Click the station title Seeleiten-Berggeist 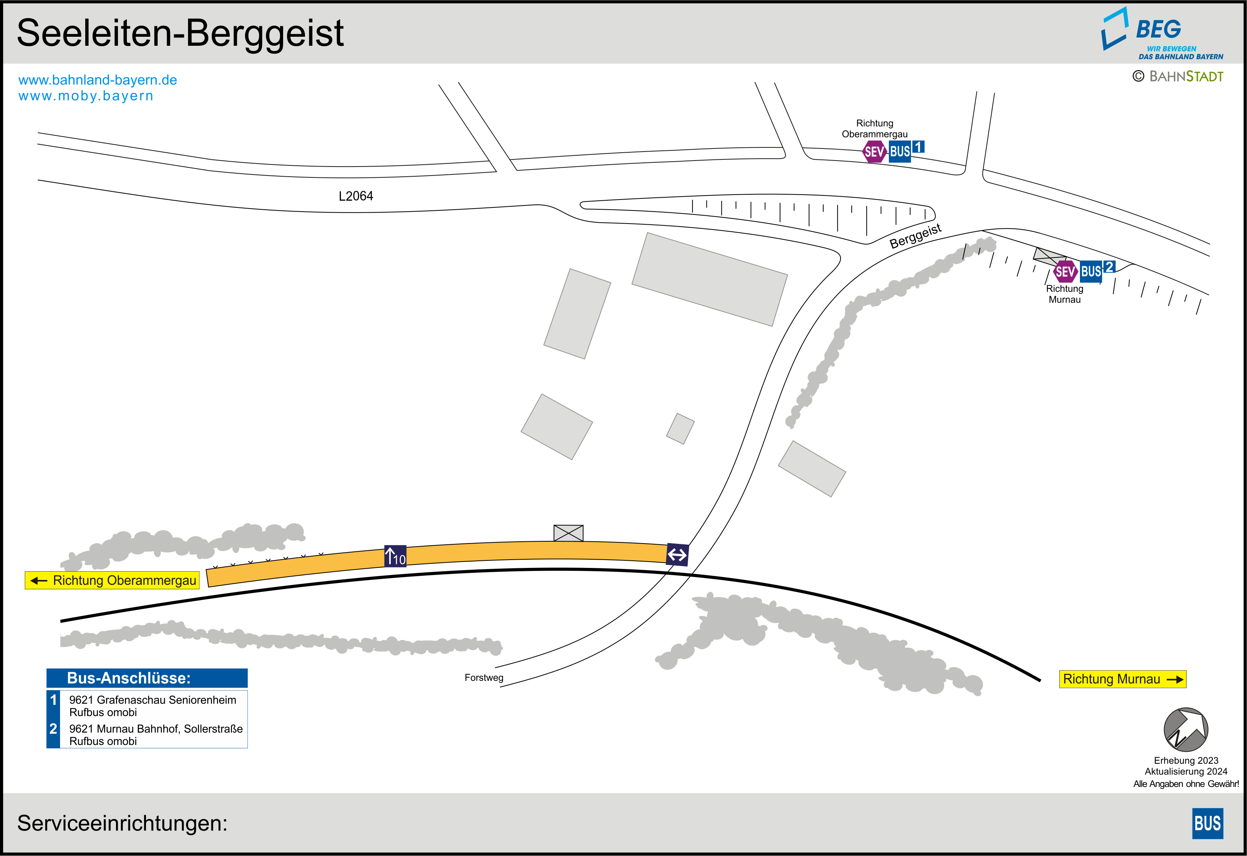(x=180, y=33)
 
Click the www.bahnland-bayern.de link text (x=98, y=80)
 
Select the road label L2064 (x=356, y=196)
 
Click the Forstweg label (x=483, y=677)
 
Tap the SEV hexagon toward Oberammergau (x=874, y=152)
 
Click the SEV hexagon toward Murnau (x=1065, y=272)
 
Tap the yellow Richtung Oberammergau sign (x=112, y=580)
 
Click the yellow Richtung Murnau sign (x=1122, y=679)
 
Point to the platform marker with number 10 (x=395, y=556)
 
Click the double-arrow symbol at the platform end (x=677, y=554)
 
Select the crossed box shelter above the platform (x=568, y=533)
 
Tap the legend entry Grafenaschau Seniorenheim (x=152, y=700)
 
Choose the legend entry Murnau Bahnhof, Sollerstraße (x=156, y=729)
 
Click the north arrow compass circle (x=1185, y=730)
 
